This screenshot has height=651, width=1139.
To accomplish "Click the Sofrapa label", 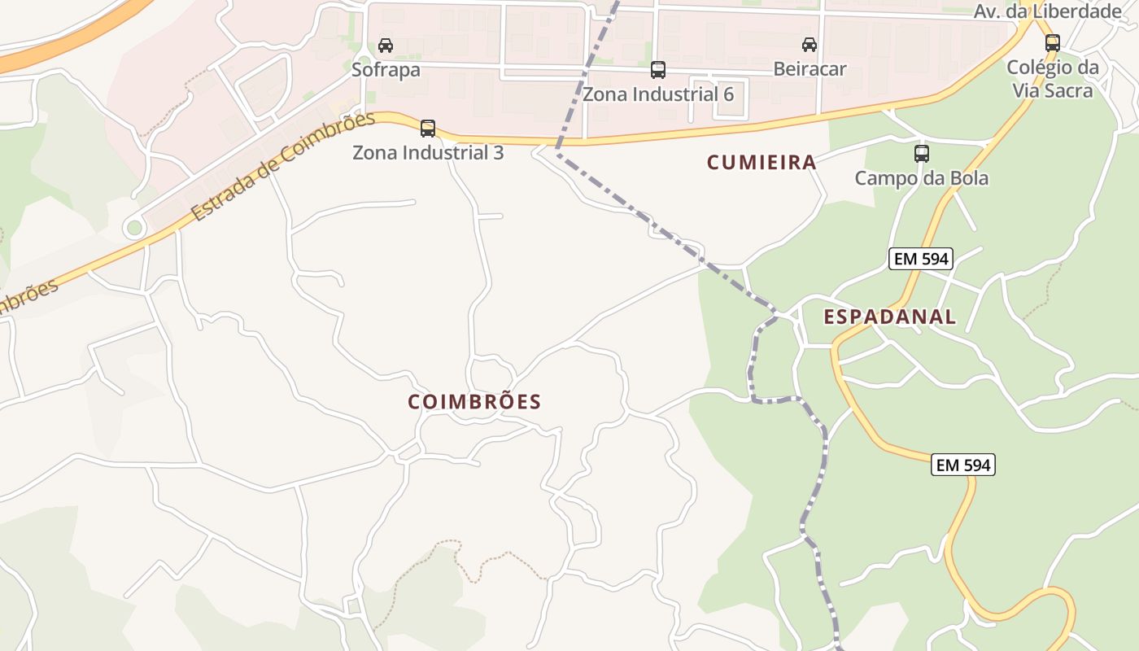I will (386, 70).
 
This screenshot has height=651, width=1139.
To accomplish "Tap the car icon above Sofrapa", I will (386, 46).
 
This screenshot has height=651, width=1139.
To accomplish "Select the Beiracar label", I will (810, 69).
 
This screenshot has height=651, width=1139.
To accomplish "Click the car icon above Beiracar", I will (809, 44).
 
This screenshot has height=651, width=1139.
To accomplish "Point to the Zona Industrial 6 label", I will (658, 94).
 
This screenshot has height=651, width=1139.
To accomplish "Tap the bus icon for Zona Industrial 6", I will (658, 70).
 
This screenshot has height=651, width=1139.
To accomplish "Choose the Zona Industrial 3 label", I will (428, 152).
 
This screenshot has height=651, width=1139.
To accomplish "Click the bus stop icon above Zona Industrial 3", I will (428, 128).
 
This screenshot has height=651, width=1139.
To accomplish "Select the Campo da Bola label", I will (921, 178).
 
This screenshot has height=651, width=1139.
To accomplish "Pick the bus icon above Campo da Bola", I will (922, 153).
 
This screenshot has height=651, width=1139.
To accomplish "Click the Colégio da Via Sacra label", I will (1053, 79).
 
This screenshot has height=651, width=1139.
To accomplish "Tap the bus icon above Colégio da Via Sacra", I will (1053, 43).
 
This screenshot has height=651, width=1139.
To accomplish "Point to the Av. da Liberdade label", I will (1048, 11).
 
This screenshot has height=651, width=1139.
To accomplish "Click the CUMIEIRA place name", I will (762, 163).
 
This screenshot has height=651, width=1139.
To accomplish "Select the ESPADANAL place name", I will (890, 317).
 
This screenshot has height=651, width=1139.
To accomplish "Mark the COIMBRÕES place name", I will (474, 402).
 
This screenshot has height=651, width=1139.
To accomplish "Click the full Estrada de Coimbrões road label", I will (284, 167).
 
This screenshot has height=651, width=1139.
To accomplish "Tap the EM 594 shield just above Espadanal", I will (920, 259).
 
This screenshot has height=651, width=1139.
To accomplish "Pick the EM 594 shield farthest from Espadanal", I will (963, 465).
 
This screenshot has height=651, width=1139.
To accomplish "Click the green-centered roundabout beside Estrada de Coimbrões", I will (134, 228).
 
